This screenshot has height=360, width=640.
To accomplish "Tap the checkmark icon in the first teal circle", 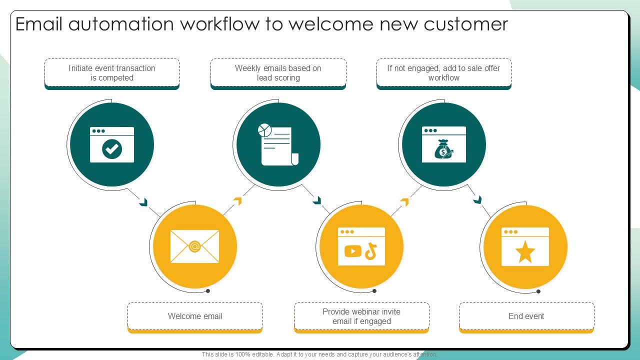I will coord(112,148).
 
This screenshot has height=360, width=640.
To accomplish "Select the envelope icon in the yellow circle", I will coord(194,246).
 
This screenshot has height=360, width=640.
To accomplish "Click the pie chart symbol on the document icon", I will coord(265,130).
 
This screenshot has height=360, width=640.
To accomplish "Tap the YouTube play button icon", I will coord(352,251).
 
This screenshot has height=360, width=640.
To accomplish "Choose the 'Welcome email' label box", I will coord(195,316).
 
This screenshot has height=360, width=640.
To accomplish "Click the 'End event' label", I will coord(526,316).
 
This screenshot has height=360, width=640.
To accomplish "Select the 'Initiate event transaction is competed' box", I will coord(112,73).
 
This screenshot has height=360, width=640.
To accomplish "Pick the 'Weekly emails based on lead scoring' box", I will coord(278,73).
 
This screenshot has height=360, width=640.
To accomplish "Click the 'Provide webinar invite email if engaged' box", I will coord(361,316).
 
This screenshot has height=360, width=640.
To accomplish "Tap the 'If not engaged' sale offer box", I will coord(443,73).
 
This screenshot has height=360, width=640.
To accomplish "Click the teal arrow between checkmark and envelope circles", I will coord(144,202).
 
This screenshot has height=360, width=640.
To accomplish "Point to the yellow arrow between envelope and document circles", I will coord(237,201).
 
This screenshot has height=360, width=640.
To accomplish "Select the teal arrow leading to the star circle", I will coord(477,200).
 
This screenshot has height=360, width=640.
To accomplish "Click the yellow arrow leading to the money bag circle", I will coord(404,201).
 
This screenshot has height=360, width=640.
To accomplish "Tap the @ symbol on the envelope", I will coord(194,246).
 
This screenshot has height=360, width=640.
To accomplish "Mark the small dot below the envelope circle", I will coord(208,291).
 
